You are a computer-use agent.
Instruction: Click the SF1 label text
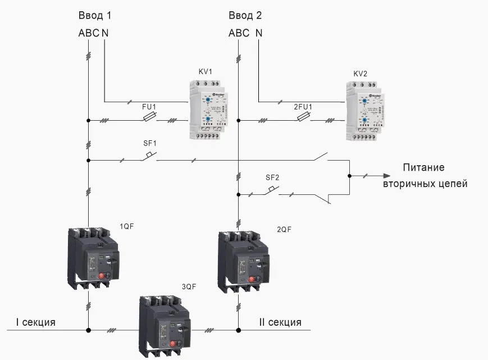coord(149,143)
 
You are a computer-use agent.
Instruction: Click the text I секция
coord(35,322)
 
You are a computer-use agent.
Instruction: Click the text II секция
coord(280,322)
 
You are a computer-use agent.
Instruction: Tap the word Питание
coord(424,168)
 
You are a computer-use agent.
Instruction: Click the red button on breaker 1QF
coord(102,276)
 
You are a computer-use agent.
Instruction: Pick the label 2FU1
coord(303,106)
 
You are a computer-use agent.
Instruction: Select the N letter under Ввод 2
coord(259,33)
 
